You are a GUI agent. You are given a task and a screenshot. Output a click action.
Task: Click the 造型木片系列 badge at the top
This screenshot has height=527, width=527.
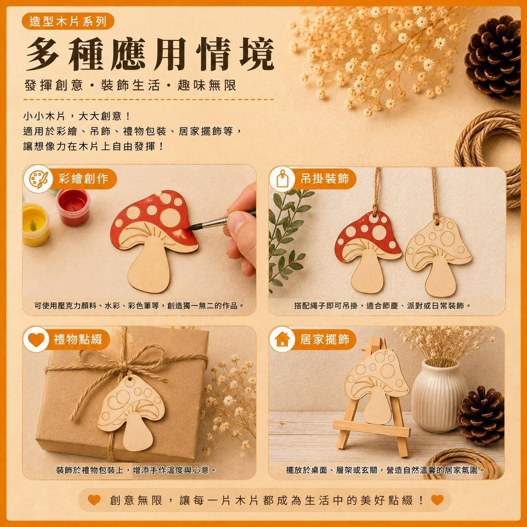point(68,21)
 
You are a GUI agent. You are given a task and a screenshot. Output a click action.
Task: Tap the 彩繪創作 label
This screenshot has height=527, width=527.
point(83,179)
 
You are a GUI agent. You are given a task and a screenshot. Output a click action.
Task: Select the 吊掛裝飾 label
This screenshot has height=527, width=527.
point(324,179)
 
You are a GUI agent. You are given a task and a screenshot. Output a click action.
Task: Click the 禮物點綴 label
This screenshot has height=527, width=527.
point(78,340)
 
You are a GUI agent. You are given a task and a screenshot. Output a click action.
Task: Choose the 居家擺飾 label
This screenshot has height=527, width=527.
point(324,340)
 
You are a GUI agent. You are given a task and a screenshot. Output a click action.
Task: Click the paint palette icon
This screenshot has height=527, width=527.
point(38,179)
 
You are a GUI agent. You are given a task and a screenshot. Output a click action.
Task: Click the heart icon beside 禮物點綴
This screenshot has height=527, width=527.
point(37,340)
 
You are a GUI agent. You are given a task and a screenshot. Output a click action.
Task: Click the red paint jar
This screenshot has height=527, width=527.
point(73,207)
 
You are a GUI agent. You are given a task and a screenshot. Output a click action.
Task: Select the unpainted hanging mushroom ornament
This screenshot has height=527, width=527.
point(439,256)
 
